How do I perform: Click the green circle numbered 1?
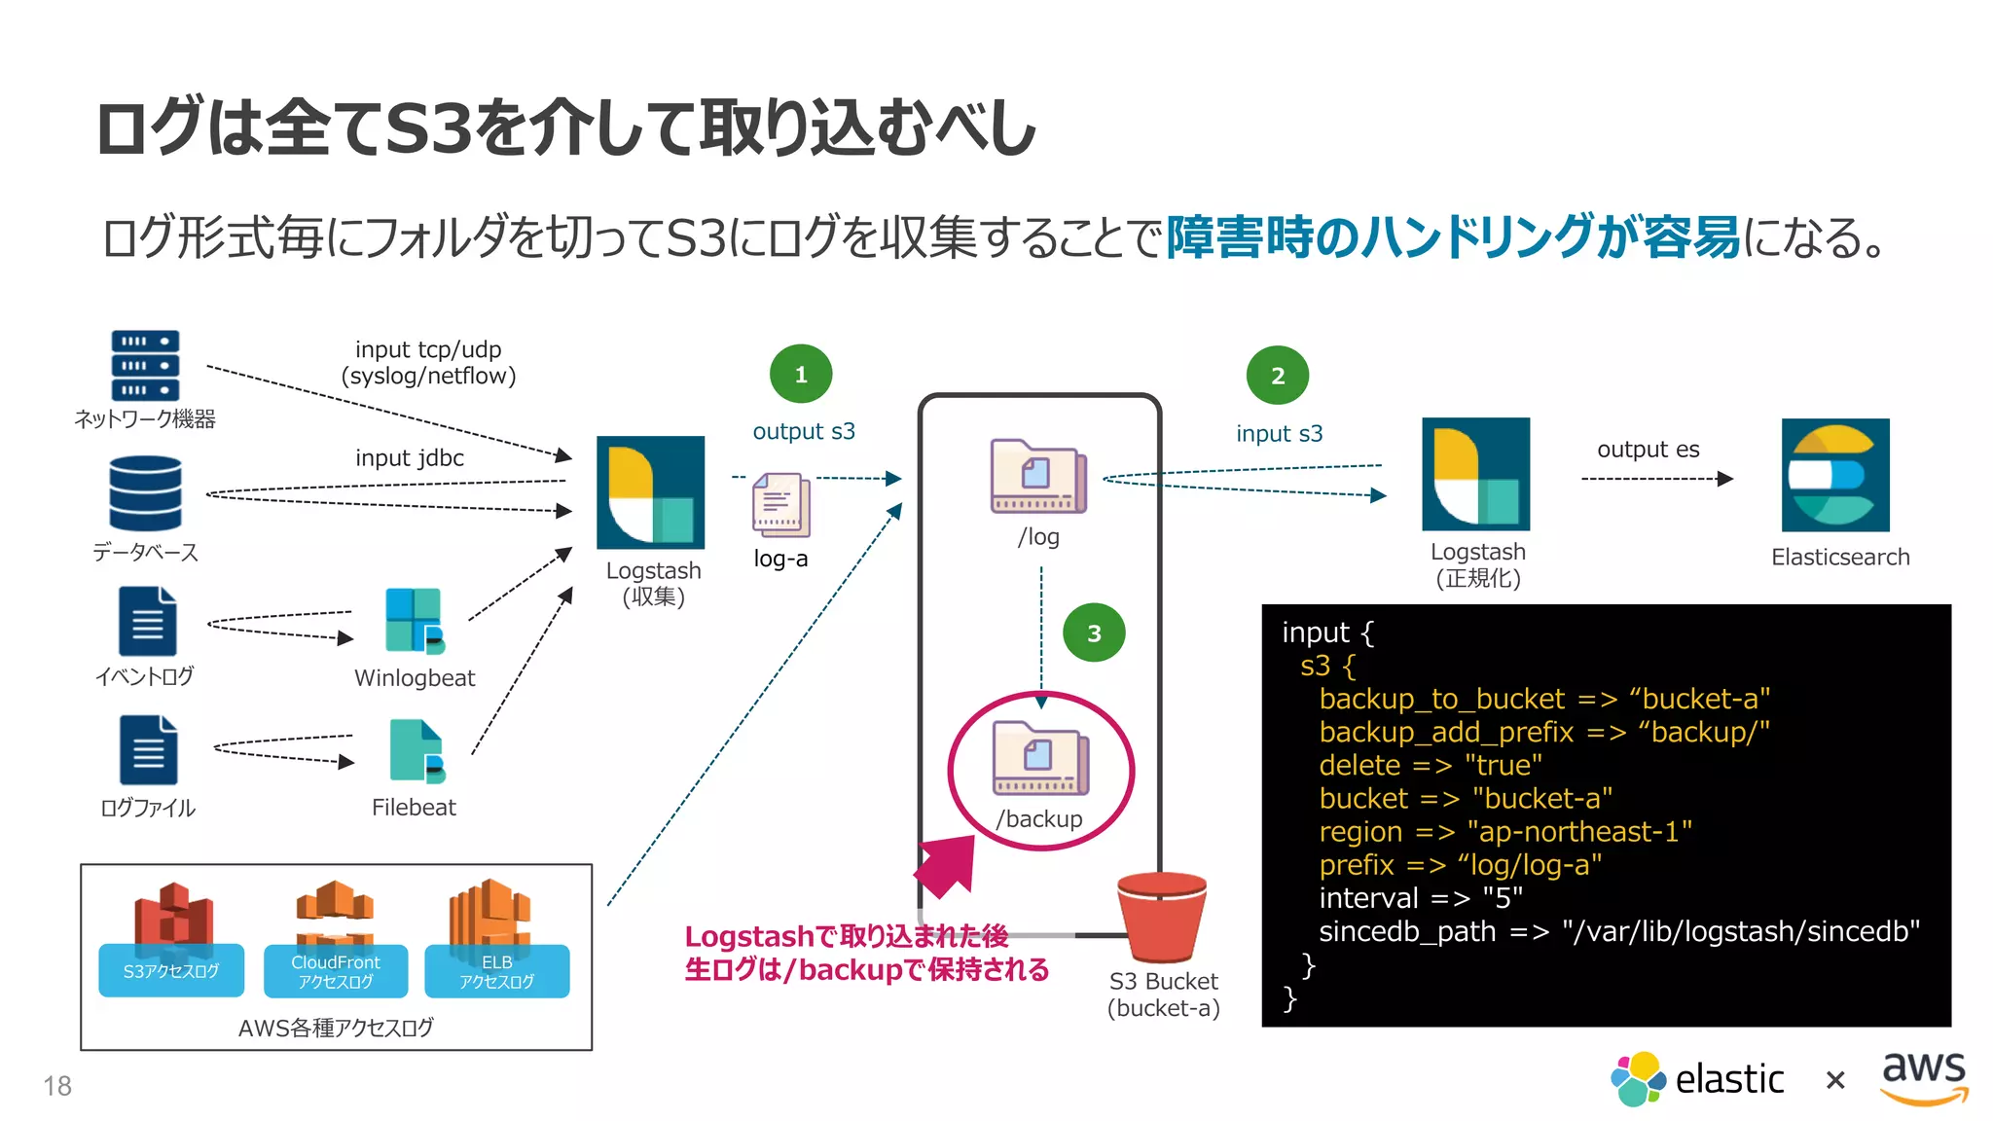801,375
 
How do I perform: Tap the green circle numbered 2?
1278,376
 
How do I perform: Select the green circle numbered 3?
1094,633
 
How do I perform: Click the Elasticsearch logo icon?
1835,475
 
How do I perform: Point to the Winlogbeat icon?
415,620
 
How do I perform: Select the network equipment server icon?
145,366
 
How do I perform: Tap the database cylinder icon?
145,494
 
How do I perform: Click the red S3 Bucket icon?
1162,917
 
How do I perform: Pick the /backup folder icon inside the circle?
1039,759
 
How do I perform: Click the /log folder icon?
1037,477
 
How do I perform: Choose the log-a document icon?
780,505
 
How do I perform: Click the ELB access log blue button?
497,971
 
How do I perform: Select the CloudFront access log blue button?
336,971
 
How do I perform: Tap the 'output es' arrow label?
1648,450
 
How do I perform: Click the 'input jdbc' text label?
410,458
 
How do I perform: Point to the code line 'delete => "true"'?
1430,766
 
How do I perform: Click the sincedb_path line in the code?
1618,931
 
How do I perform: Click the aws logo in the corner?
1924,1077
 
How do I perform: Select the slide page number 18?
57,1086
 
